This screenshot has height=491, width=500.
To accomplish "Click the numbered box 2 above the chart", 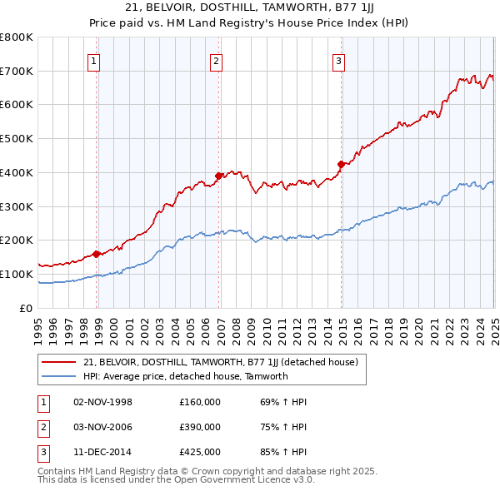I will click(x=216, y=60).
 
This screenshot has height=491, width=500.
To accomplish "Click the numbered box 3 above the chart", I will click(x=339, y=60).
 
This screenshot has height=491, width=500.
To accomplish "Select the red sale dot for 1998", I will click(x=97, y=254).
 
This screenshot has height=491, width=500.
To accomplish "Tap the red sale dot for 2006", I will click(x=219, y=176).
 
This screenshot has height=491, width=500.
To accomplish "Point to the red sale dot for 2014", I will click(x=342, y=164).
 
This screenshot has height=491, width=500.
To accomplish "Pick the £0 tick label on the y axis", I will click(x=27, y=308).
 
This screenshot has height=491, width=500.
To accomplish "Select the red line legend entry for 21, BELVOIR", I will click(x=220, y=362).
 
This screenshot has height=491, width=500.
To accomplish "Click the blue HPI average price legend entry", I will click(x=185, y=376).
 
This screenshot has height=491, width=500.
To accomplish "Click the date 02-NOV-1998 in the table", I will click(x=103, y=402).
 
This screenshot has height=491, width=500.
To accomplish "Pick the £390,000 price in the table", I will click(x=200, y=427).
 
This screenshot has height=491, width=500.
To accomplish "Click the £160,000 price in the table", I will click(x=200, y=402).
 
